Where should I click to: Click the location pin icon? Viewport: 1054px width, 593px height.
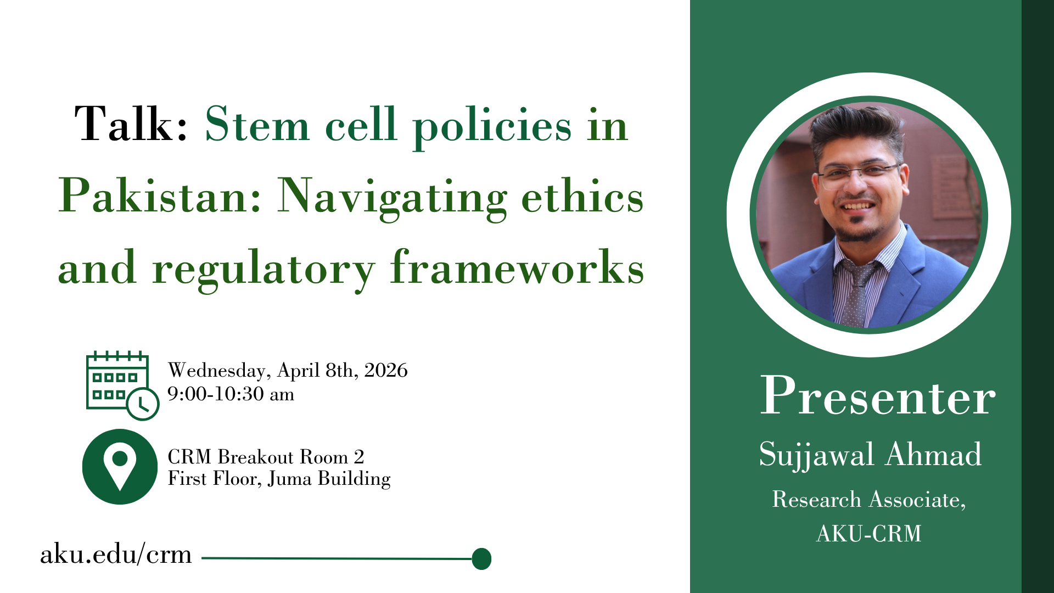(x=120, y=467)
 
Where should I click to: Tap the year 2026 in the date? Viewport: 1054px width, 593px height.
(x=386, y=370)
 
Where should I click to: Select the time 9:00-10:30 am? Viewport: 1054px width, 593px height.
(x=231, y=394)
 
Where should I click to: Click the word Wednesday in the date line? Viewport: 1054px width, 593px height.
(x=216, y=371)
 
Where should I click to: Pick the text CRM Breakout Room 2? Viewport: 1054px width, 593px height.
(x=266, y=457)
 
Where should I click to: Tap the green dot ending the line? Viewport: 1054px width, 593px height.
(x=481, y=558)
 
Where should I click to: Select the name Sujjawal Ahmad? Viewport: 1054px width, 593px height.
(x=870, y=455)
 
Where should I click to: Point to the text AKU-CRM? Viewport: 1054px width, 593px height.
(x=869, y=533)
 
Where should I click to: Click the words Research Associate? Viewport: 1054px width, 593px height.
(x=867, y=499)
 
